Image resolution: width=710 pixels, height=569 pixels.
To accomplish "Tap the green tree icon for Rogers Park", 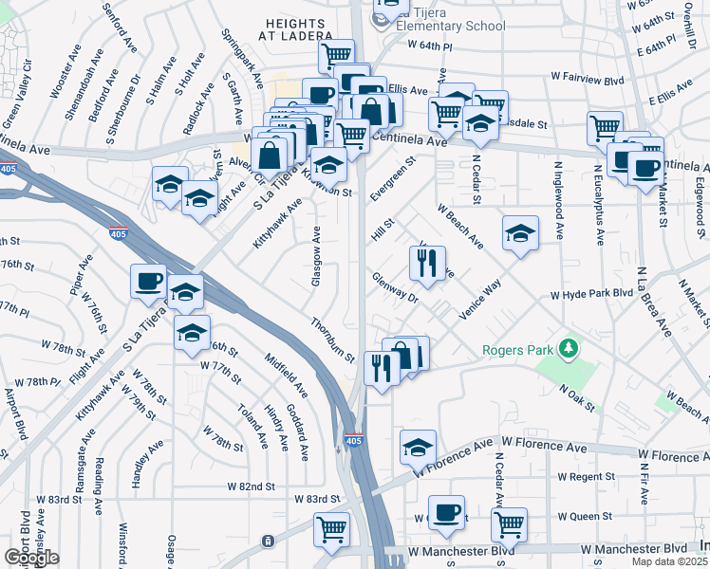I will [x=569, y=349].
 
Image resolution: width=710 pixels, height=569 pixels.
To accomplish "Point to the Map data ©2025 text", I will [x=669, y=562].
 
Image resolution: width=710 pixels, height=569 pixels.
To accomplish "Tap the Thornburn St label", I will [x=332, y=340].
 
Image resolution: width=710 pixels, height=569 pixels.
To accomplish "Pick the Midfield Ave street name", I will [x=287, y=376].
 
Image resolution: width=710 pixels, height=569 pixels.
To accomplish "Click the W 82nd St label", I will [x=251, y=486].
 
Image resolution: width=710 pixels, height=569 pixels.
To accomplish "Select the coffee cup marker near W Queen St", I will [x=446, y=511].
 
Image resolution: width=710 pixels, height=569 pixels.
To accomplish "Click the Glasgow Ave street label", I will [x=316, y=255].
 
